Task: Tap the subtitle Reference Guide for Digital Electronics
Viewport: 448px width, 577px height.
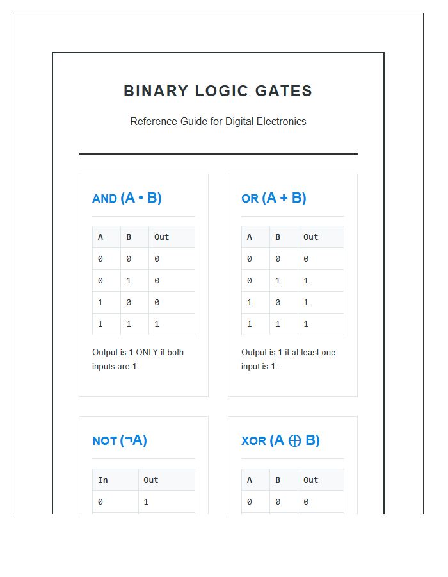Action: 218,121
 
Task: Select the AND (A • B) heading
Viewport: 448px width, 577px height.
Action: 127,198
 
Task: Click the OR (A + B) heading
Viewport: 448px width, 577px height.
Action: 273,198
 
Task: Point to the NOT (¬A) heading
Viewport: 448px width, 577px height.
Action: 120,440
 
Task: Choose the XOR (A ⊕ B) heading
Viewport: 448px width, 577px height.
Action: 280,440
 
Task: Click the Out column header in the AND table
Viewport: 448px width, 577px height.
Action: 161,237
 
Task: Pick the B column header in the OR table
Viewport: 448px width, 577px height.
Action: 278,237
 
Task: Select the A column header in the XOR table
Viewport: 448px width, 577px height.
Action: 249,480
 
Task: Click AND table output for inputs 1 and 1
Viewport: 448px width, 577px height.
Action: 157,324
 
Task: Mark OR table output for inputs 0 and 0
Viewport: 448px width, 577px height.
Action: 306,259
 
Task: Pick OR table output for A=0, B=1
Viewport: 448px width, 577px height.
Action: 306,281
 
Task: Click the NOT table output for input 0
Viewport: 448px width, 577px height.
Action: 146,502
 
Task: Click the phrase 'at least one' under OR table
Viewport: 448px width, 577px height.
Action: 311,353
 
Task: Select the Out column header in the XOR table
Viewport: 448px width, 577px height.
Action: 310,480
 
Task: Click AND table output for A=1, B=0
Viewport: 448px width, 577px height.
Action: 157,303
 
